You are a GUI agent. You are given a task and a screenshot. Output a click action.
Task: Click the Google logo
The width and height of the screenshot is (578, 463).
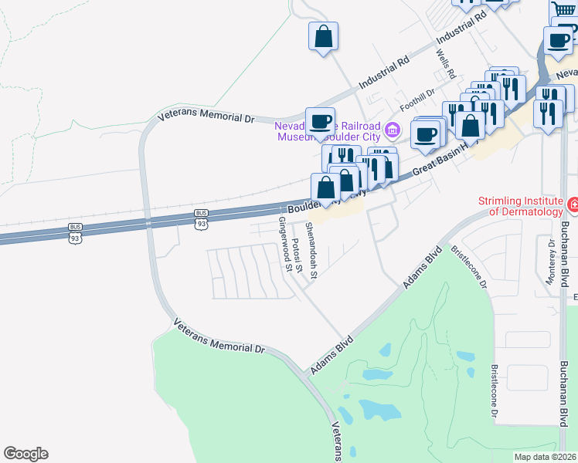25,454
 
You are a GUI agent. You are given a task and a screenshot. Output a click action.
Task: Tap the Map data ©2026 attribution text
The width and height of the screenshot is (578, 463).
546,457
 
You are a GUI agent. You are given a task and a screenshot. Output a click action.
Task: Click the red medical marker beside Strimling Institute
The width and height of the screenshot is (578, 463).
573,206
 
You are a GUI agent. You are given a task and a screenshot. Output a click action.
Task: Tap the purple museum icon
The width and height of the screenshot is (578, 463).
393,129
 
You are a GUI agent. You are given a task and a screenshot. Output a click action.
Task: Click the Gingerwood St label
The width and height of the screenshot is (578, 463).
286,244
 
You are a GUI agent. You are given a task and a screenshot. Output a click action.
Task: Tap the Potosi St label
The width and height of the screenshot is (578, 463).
297,254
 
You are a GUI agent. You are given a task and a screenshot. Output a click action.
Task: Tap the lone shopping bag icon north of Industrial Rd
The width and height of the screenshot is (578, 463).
323,35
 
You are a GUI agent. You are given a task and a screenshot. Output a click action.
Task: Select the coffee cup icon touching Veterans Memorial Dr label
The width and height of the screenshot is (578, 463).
320,120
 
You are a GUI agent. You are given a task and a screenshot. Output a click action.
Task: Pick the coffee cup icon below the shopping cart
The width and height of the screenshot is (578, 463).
557,40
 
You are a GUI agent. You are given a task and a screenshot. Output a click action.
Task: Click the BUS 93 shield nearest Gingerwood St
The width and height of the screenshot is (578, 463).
201,218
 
